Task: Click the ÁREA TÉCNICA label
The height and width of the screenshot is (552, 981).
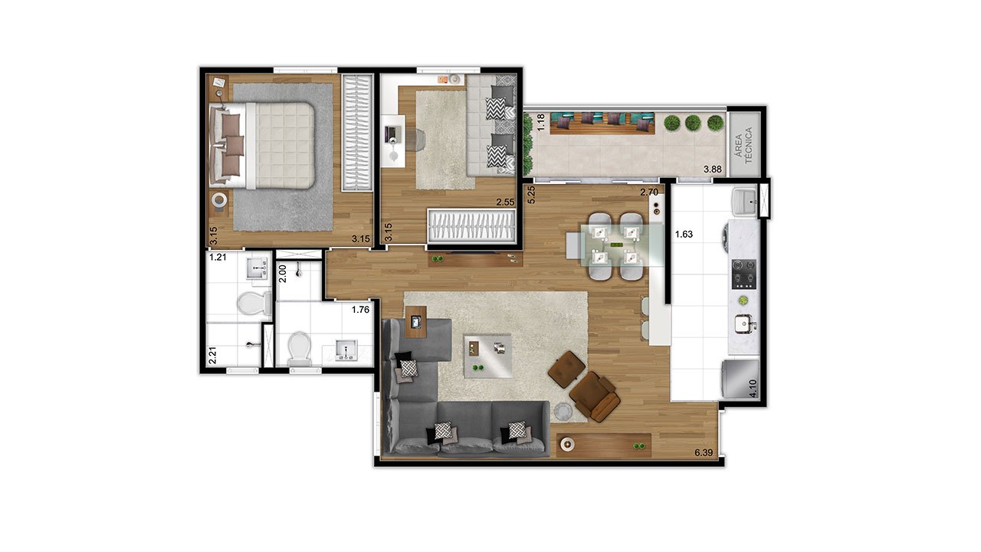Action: point(743,145)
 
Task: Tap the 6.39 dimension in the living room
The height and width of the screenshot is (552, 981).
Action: point(704,452)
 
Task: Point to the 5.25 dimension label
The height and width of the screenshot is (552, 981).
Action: point(531,195)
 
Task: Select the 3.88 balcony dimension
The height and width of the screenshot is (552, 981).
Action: point(713,169)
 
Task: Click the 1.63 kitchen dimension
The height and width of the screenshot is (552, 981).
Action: point(684,234)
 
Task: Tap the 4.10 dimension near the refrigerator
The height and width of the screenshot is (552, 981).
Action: point(753,388)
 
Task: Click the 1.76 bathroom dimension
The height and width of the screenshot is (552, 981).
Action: point(360,310)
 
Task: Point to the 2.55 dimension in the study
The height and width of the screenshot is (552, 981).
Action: point(505,202)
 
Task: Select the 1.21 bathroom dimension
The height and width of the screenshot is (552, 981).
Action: point(218,257)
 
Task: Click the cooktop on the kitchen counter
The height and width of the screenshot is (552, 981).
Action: point(744,274)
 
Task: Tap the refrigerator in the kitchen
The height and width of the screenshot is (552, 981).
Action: point(740,379)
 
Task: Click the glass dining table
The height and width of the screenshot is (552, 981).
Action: point(622,245)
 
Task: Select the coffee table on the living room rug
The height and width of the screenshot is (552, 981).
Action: point(488,356)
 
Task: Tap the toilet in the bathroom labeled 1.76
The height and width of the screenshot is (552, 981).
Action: point(300,349)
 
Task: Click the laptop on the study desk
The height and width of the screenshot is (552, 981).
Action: point(392,133)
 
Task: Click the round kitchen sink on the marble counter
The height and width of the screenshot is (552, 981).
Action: point(745,324)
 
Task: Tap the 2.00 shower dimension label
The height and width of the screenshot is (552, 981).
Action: point(283,274)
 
